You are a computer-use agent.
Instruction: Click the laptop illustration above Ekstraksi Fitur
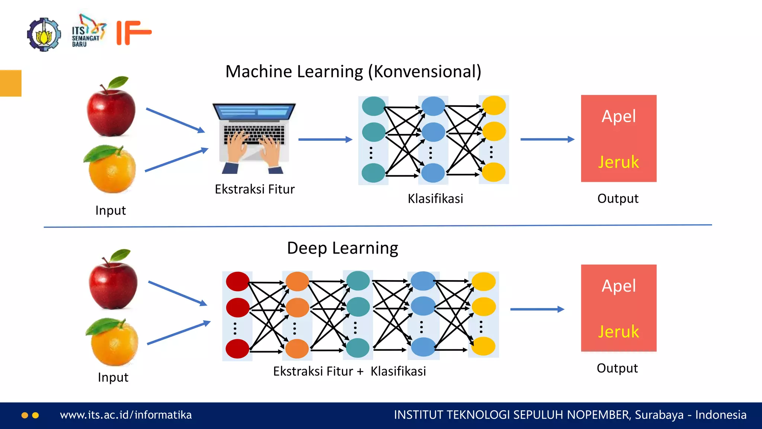(x=254, y=138)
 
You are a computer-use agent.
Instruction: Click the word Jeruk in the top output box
(x=618, y=162)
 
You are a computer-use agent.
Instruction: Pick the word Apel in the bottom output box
(x=619, y=286)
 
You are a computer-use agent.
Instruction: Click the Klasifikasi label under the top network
(x=435, y=198)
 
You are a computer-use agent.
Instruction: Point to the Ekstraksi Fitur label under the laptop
(x=254, y=189)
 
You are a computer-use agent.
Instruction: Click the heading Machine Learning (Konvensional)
(x=353, y=71)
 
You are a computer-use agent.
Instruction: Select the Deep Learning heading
(x=342, y=248)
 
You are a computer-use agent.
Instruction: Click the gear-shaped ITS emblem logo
(x=44, y=34)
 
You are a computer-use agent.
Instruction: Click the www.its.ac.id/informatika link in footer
(x=126, y=415)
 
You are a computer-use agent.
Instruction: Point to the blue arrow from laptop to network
(x=325, y=139)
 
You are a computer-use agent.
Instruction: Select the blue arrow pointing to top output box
(x=547, y=139)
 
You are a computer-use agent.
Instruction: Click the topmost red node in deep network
(x=237, y=282)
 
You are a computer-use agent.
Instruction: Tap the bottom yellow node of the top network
(x=494, y=172)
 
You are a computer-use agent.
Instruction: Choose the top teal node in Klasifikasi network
(x=374, y=106)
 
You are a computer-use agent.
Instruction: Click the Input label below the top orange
(x=111, y=210)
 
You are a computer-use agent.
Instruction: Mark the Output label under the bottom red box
(x=617, y=368)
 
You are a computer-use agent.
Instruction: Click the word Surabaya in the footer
(x=659, y=415)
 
